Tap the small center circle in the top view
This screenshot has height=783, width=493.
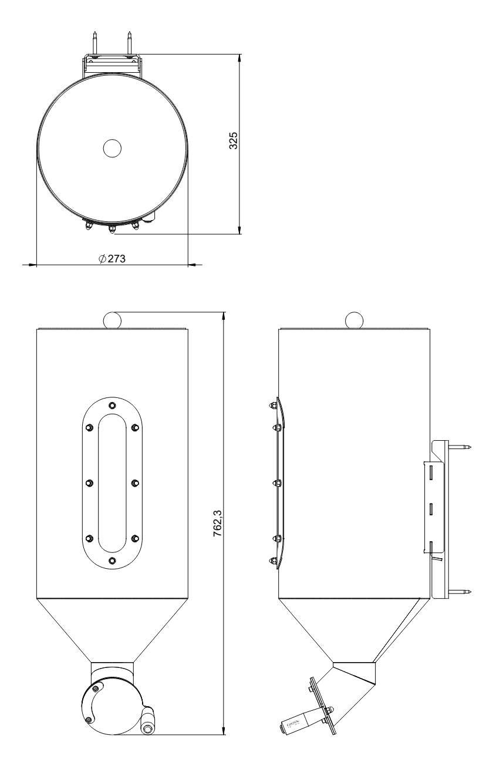click(112, 148)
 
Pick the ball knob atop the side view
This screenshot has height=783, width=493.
click(354, 320)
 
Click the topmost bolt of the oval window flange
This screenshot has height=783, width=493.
click(112, 404)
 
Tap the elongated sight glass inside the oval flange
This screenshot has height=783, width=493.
click(112, 483)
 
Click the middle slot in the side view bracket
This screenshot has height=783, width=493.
click(431, 508)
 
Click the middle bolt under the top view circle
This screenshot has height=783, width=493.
click(112, 229)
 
